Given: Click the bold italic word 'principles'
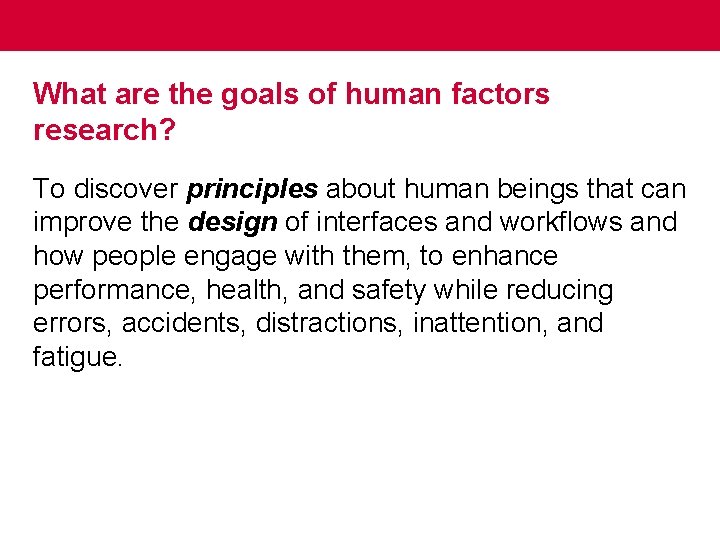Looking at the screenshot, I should coord(252,188).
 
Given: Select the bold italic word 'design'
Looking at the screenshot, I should coord(232,222).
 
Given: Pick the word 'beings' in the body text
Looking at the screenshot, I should coord(537,188).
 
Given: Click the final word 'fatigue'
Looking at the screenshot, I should coord(78,358).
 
